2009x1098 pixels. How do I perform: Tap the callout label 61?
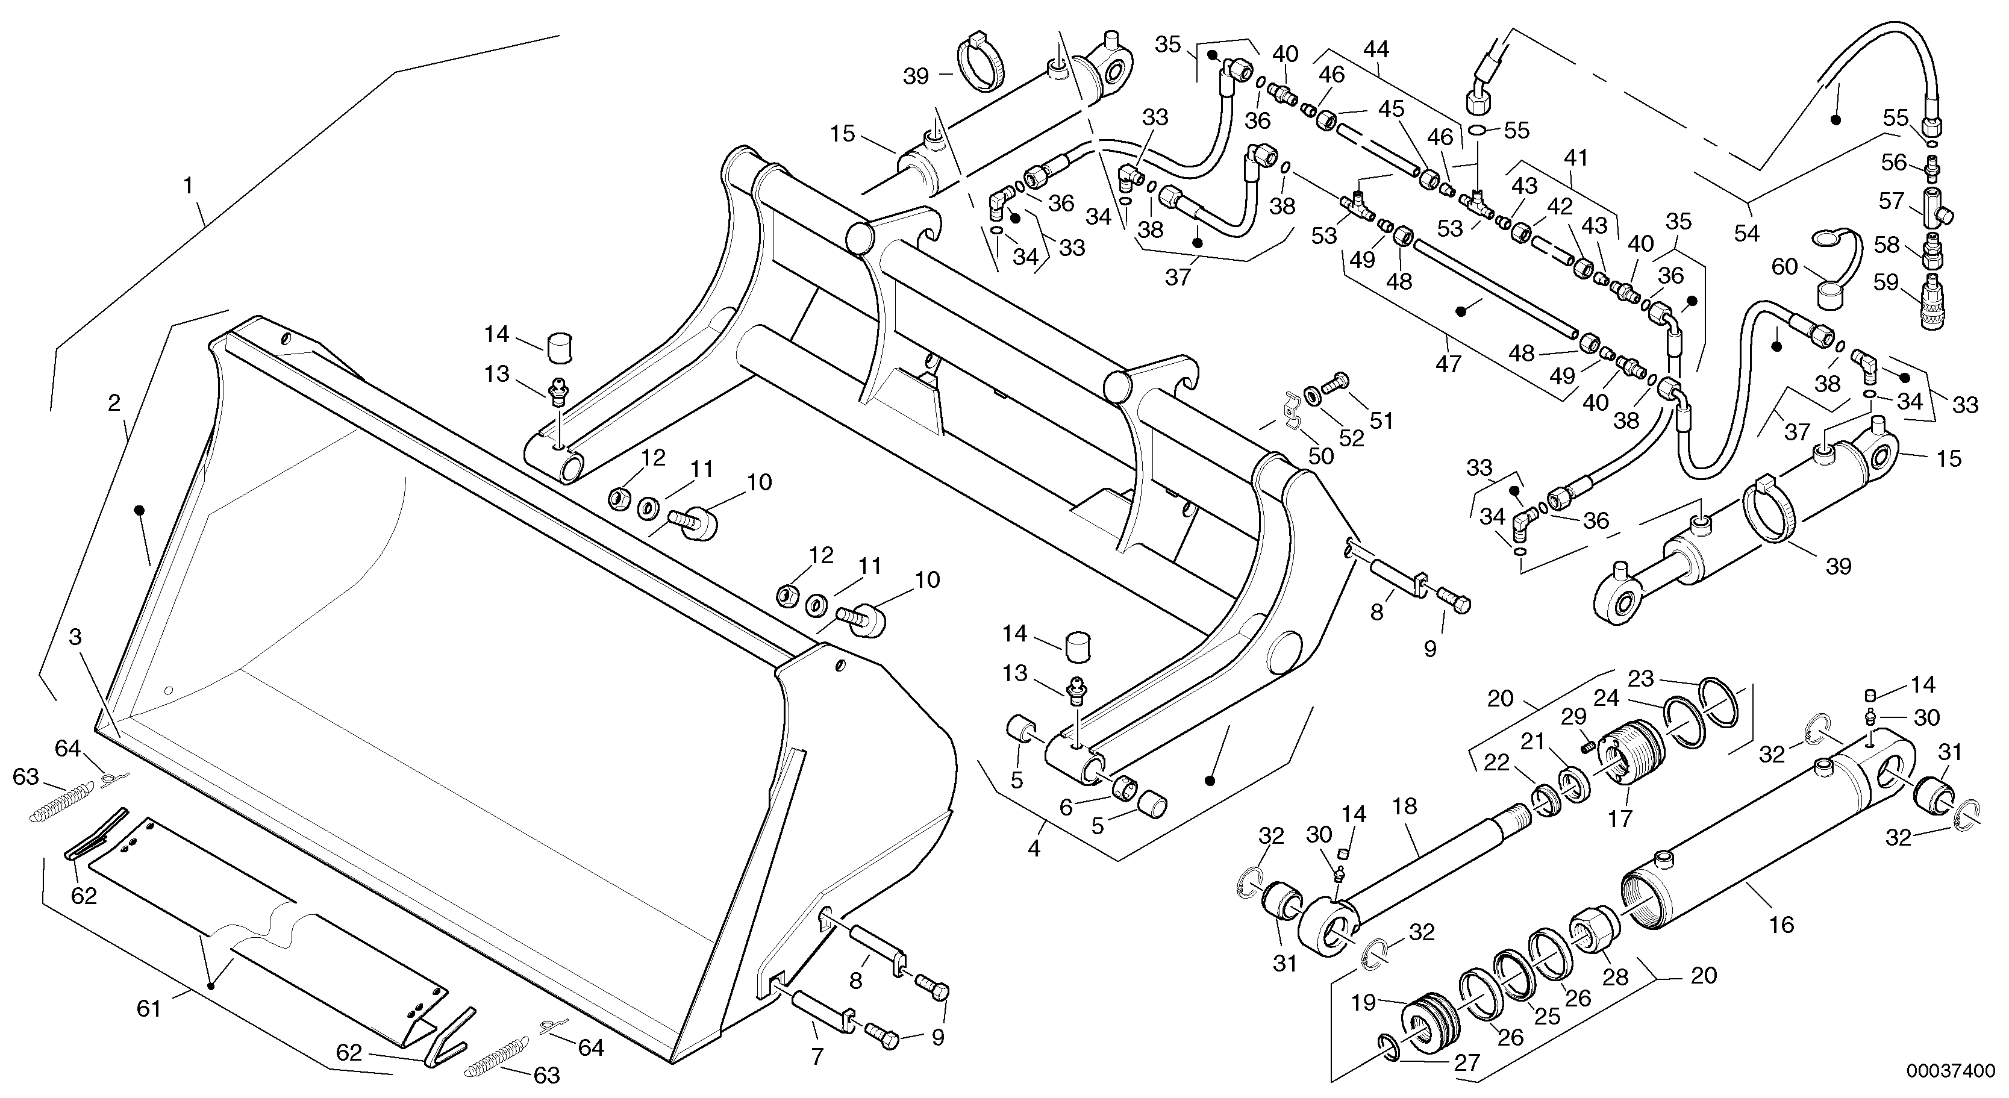pyautogui.click(x=148, y=1009)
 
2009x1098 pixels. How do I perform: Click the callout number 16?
pyautogui.click(x=1782, y=925)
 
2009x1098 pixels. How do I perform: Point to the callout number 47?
pyautogui.click(x=1448, y=363)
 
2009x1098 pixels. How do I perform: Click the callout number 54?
pyautogui.click(x=1746, y=232)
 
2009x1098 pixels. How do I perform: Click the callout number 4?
pyautogui.click(x=1034, y=849)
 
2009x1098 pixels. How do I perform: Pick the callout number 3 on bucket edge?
pyautogui.click(x=75, y=637)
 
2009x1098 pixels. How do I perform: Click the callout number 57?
pyautogui.click(x=1892, y=201)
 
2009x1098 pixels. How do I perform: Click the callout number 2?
pyautogui.click(x=114, y=402)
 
